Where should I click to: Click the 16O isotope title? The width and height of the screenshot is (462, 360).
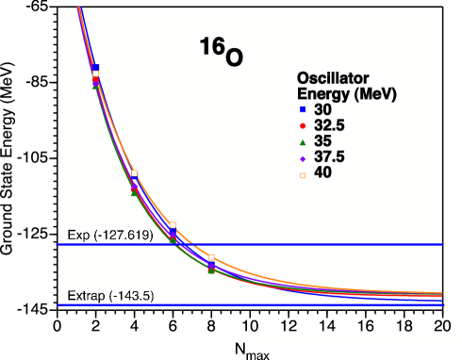[220, 53]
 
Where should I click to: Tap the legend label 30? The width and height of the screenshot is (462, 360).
[322, 109]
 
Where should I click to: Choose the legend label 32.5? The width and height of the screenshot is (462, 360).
[328, 125]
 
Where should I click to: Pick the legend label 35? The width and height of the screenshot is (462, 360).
[322, 141]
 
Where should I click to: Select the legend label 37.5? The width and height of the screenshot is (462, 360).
[328, 157]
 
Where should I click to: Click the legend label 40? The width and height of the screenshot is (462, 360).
[322, 173]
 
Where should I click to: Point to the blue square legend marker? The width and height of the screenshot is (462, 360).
[303, 109]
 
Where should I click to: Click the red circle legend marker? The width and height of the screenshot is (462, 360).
[303, 125]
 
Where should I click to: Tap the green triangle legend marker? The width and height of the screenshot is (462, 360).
[303, 141]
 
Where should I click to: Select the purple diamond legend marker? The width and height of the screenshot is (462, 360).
[303, 157]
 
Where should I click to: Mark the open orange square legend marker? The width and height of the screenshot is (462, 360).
[303, 173]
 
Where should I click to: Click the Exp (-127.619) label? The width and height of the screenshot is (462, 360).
[110, 235]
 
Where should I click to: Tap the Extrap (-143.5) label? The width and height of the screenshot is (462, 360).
[111, 296]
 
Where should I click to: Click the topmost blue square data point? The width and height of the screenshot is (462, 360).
[95, 68]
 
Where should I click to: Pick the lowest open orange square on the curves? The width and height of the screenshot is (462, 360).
[211, 257]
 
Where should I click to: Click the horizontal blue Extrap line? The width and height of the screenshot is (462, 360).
[283, 305]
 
